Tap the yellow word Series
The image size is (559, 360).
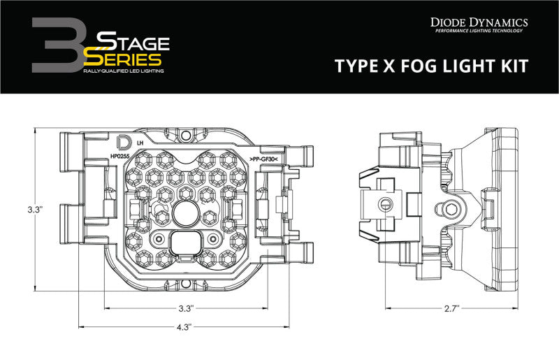(x=126, y=61)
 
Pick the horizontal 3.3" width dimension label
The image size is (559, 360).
(x=185, y=308)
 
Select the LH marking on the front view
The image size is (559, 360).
(x=140, y=143)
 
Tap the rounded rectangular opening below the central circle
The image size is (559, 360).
(x=185, y=243)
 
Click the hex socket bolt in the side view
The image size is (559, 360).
(x=448, y=208)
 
